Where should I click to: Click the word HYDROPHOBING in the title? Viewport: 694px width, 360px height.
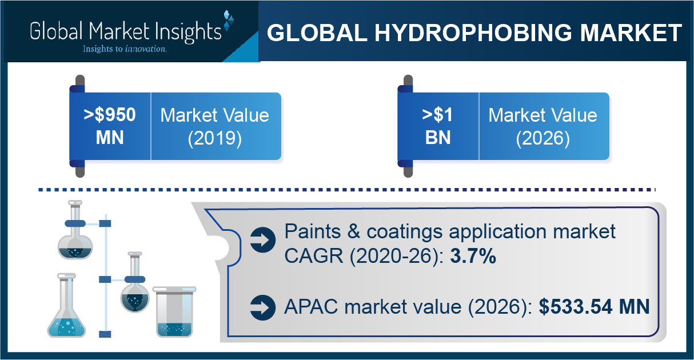pyautogui.click(x=473, y=33)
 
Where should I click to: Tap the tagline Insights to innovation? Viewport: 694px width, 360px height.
pyautogui.click(x=125, y=49)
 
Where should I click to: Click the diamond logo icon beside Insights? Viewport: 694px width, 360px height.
pyautogui.click(x=229, y=21)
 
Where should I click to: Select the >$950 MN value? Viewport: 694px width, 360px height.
pyautogui.click(x=110, y=126)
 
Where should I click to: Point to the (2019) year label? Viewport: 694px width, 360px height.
pyautogui.click(x=215, y=138)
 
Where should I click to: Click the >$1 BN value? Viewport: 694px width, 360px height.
pyautogui.click(x=437, y=126)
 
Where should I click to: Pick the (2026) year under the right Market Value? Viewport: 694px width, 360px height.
pyautogui.click(x=543, y=138)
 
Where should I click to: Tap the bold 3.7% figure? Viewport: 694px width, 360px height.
pyautogui.click(x=473, y=256)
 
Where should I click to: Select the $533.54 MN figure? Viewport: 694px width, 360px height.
pyautogui.click(x=594, y=307)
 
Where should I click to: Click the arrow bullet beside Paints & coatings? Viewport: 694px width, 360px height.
pyautogui.click(x=263, y=240)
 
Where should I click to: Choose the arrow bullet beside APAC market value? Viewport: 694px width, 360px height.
pyautogui.click(x=263, y=307)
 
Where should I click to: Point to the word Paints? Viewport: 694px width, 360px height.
pyautogui.click(x=312, y=231)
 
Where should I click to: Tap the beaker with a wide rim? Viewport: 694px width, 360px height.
pyautogui.click(x=174, y=311)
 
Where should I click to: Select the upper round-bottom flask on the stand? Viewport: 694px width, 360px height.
pyautogui.click(x=75, y=230)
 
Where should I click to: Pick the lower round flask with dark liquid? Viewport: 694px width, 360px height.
pyautogui.click(x=135, y=282)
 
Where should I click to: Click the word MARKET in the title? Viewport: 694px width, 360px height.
pyautogui.click(x=631, y=33)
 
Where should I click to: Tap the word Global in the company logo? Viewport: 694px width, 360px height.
pyautogui.click(x=57, y=31)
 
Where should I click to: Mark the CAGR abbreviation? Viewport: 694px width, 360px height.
pyautogui.click(x=313, y=256)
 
